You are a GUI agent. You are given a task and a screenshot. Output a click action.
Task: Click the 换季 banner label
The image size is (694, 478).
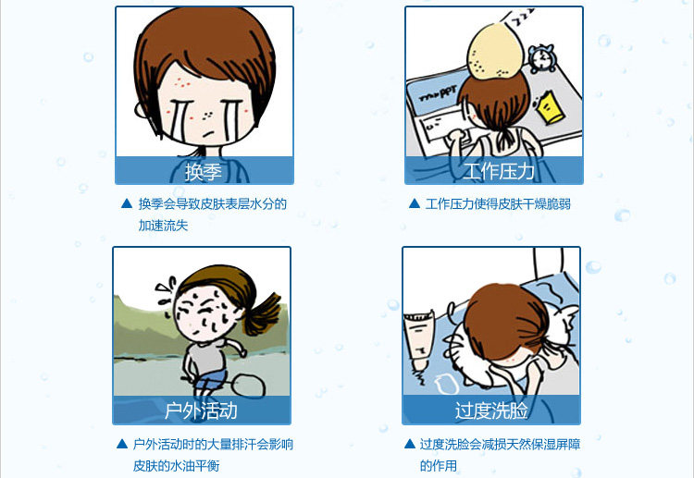[x=204, y=172]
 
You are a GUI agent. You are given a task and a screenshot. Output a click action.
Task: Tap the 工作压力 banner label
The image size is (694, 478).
[x=499, y=171]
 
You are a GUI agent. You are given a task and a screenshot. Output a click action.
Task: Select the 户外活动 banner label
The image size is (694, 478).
[x=201, y=411]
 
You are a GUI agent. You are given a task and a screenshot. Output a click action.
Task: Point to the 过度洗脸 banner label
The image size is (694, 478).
[x=491, y=411]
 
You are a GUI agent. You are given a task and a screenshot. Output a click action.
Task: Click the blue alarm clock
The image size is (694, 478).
[x=542, y=58]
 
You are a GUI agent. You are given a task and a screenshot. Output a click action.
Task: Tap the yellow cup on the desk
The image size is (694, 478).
[x=551, y=107]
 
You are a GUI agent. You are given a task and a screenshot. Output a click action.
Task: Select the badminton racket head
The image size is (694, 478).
[x=247, y=385]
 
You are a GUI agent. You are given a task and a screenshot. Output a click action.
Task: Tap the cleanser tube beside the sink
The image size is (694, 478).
[x=418, y=340]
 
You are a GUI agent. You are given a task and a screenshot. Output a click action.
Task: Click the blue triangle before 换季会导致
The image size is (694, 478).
[x=127, y=203]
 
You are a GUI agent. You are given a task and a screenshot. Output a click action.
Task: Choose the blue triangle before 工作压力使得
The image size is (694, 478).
[x=415, y=203]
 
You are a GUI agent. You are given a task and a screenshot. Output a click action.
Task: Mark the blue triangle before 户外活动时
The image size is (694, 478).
[x=122, y=444]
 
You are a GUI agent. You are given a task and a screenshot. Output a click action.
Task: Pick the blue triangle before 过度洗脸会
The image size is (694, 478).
[x=410, y=444]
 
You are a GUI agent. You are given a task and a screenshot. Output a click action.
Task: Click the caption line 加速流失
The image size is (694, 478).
[x=163, y=226]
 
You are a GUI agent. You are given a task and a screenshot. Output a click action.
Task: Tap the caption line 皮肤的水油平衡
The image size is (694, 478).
[x=176, y=466]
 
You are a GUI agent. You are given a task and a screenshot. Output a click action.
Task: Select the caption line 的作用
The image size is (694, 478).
[x=439, y=466]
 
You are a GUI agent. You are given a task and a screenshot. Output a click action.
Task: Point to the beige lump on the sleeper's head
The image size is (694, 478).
[x=496, y=52]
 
